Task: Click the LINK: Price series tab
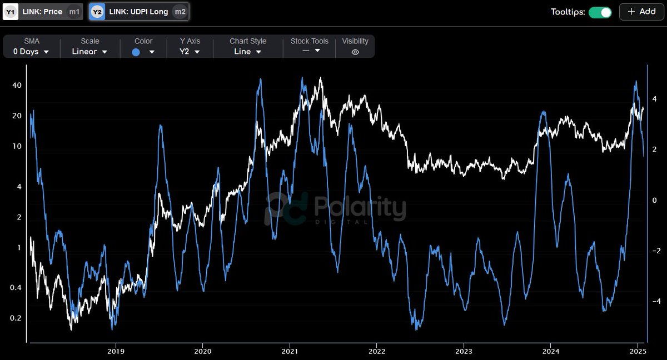(42, 12)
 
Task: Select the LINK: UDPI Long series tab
(139, 12)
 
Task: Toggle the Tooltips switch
(600, 12)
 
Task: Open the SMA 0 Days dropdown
(31, 52)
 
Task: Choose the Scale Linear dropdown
(89, 52)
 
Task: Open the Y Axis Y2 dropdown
(190, 52)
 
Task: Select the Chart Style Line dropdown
(247, 52)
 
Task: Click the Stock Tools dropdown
(309, 51)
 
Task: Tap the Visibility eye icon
(355, 52)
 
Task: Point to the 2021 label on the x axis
(290, 351)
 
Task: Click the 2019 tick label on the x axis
(116, 351)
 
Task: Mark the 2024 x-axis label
(550, 351)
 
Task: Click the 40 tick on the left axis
(17, 86)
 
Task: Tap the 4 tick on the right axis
(655, 99)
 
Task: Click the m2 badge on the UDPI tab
(180, 12)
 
